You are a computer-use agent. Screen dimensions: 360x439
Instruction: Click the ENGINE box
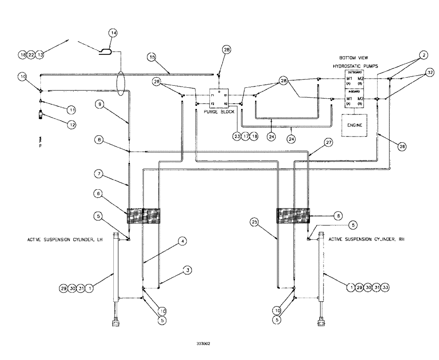pos(354,125)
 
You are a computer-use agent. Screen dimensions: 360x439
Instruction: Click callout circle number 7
pos(98,173)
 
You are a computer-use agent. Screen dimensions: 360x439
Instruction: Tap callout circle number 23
pos(237,136)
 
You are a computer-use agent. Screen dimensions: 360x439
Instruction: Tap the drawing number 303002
pos(203,345)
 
